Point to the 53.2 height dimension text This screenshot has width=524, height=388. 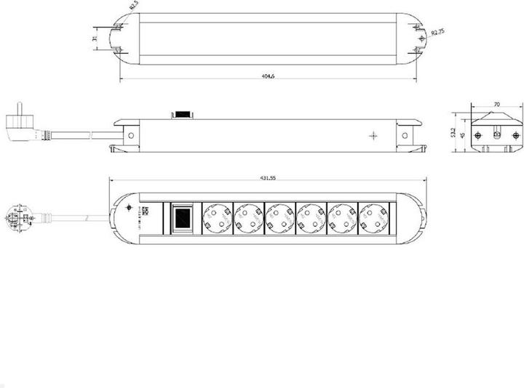[452, 133]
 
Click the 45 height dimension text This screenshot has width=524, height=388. [461, 139]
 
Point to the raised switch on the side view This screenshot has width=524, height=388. [180, 114]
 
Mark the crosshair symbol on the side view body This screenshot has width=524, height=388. [373, 135]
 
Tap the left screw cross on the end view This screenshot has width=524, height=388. [476, 135]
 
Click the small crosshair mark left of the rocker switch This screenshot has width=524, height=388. [130, 209]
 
